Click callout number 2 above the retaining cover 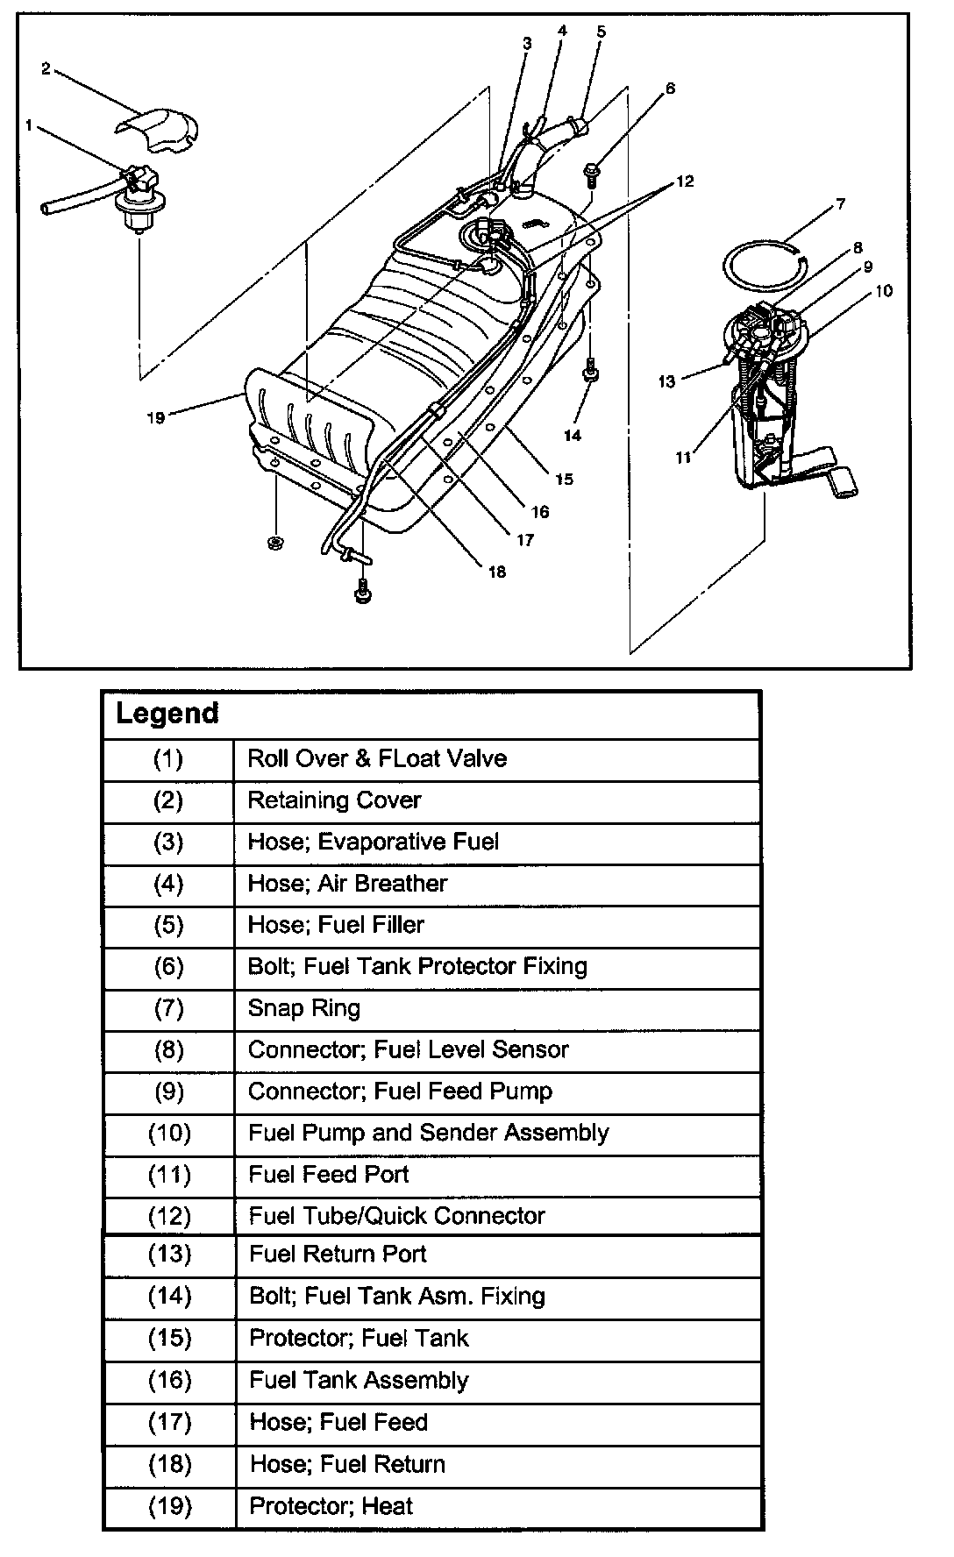pyautogui.click(x=46, y=68)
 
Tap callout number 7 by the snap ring pyautogui.click(x=840, y=204)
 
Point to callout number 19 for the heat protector pyautogui.click(x=155, y=417)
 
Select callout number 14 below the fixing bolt pyautogui.click(x=573, y=434)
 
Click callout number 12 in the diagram pyautogui.click(x=685, y=181)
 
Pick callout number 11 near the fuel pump pyautogui.click(x=683, y=457)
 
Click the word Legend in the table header pyautogui.click(x=167, y=713)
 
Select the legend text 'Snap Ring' pyautogui.click(x=303, y=1008)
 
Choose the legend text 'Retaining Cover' pyautogui.click(x=334, y=800)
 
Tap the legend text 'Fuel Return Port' pyautogui.click(x=338, y=1254)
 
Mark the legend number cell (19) pyautogui.click(x=169, y=1506)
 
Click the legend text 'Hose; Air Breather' pyautogui.click(x=347, y=884)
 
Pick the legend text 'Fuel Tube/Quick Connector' pyautogui.click(x=396, y=1216)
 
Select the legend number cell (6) pyautogui.click(x=168, y=967)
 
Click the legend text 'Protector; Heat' pyautogui.click(x=331, y=1506)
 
